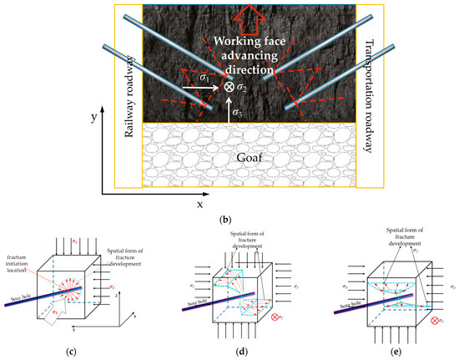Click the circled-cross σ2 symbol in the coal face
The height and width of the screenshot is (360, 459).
(228, 86)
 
